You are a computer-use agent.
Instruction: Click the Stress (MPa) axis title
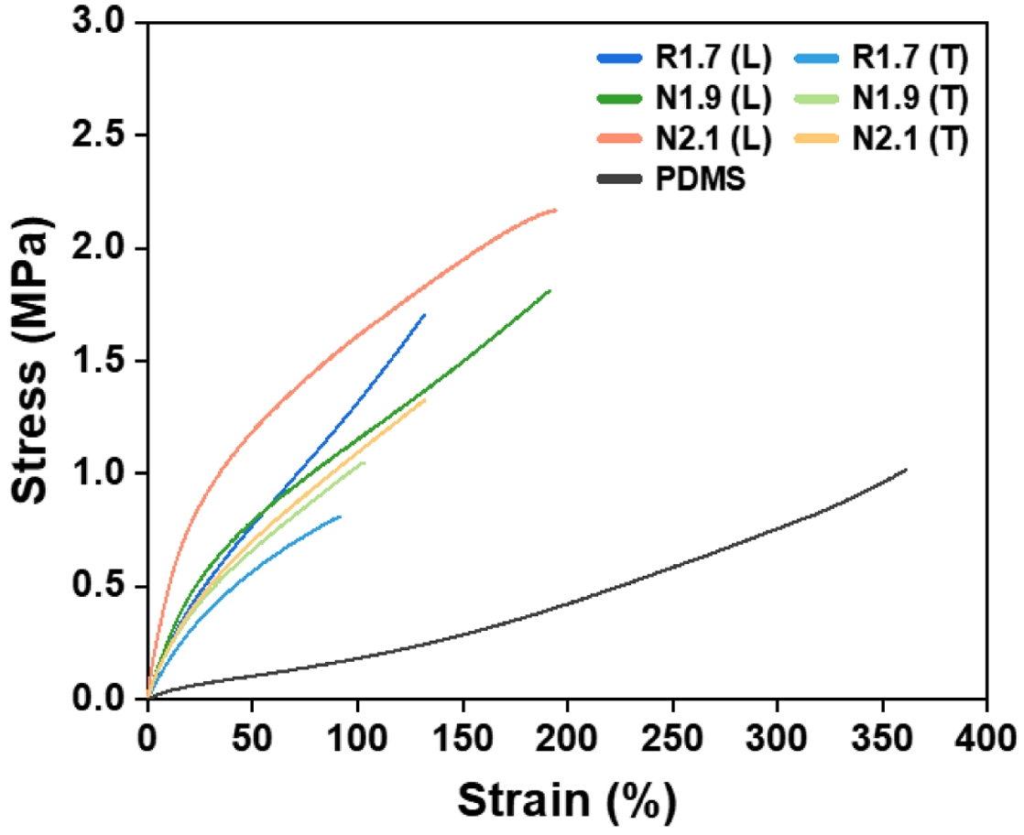[33, 366]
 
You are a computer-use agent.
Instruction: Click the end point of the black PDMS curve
[906, 470]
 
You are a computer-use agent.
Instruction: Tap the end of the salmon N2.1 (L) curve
[555, 210]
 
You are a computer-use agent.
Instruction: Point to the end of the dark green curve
[550, 290]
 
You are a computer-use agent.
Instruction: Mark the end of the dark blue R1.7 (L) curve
[424, 315]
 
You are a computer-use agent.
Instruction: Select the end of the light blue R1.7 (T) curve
[340, 516]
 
